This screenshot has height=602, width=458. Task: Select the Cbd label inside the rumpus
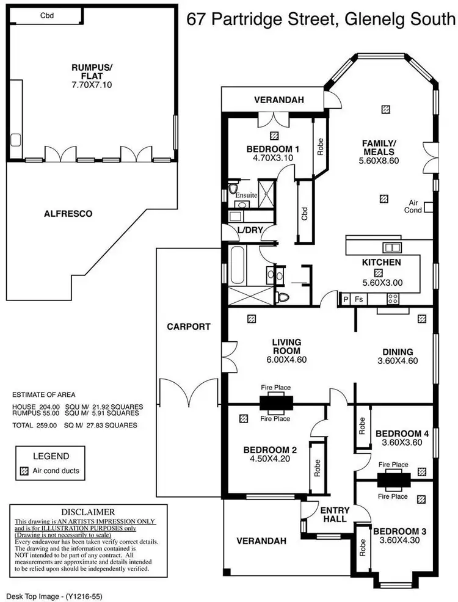[46, 16]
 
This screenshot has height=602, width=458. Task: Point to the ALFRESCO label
[68, 214]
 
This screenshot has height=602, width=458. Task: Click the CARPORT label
[189, 327]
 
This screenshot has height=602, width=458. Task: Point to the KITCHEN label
[381, 262]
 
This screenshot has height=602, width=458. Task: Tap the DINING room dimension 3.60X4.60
[398, 361]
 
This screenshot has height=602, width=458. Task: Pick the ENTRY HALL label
[335, 515]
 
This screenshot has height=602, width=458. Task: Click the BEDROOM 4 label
[402, 433]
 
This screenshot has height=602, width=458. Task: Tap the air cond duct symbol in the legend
[24, 471]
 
